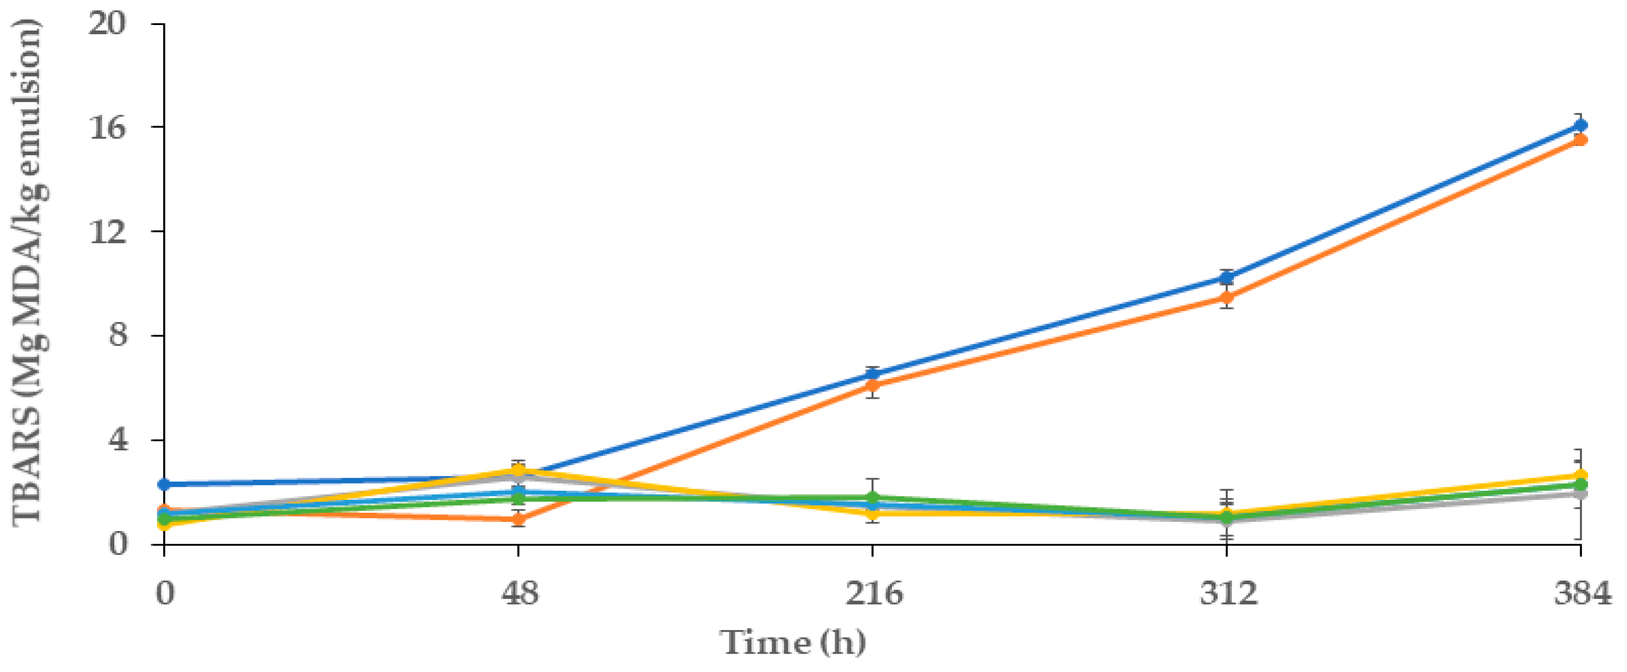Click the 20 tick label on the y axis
(x=107, y=25)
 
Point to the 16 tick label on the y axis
(x=107, y=128)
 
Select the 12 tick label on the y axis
(x=107, y=232)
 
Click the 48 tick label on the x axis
(x=519, y=594)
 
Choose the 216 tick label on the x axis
(x=873, y=594)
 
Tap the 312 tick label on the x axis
(x=1228, y=594)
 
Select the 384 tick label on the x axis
(x=1582, y=594)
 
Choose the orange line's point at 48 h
(x=519, y=520)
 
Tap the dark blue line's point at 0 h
(x=164, y=485)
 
